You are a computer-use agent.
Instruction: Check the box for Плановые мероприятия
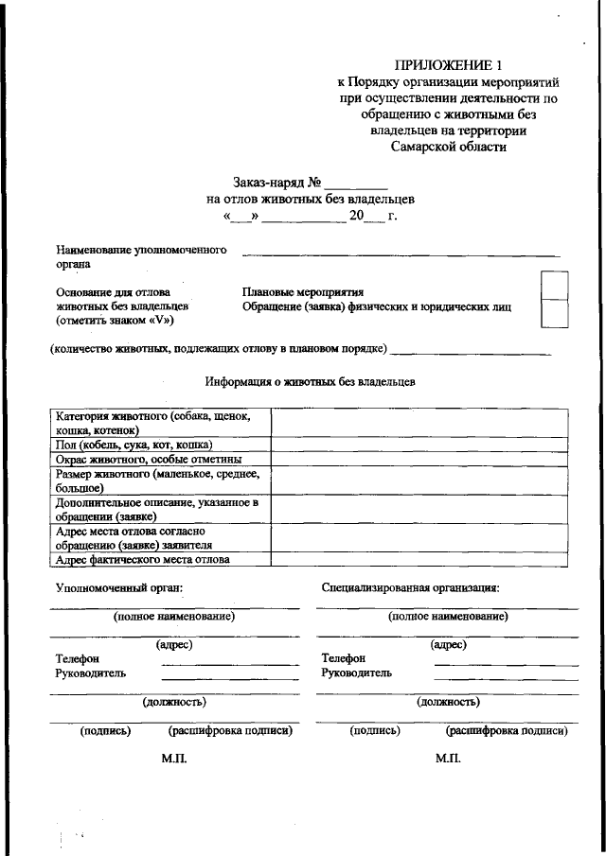click(554, 285)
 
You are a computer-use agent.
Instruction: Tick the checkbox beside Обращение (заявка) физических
click(554, 313)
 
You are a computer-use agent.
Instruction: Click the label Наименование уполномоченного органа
click(141, 257)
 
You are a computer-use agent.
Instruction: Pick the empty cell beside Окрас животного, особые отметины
click(420, 459)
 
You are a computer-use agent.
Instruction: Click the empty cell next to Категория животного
click(420, 423)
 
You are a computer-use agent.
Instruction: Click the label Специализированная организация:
click(410, 587)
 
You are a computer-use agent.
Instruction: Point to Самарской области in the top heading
click(449, 147)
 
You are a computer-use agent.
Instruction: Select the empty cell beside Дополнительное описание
click(420, 510)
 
